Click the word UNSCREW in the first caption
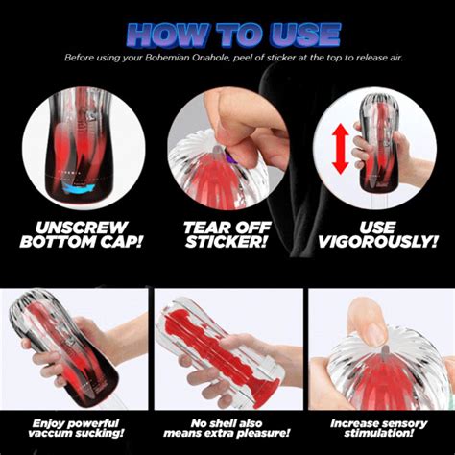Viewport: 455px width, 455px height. pyautogui.click(x=82, y=227)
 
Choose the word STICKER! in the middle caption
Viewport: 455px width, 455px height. pyautogui.click(x=226, y=242)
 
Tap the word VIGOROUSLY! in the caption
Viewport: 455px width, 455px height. pyautogui.click(x=378, y=242)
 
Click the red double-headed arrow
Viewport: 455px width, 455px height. pyautogui.click(x=340, y=149)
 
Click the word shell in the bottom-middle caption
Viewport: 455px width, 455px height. pyautogui.click(x=227, y=423)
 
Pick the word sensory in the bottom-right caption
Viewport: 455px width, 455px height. pyautogui.click(x=407, y=424)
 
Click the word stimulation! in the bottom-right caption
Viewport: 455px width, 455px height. pyautogui.click(x=378, y=434)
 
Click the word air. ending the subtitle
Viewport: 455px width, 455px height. pyautogui.click(x=395, y=58)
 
